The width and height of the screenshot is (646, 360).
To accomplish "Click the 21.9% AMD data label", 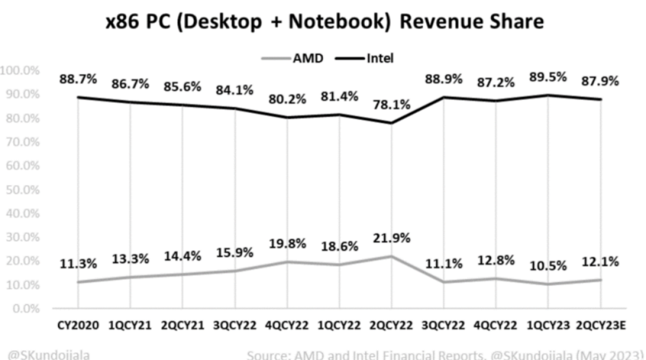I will pos(393,238).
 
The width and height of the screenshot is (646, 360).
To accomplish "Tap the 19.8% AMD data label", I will pos(288,243).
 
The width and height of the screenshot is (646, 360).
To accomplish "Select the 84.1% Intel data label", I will pos(234,90).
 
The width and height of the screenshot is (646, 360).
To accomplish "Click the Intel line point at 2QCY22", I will pos(392,123).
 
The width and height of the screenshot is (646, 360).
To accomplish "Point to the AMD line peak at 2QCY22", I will pos(392,257).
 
